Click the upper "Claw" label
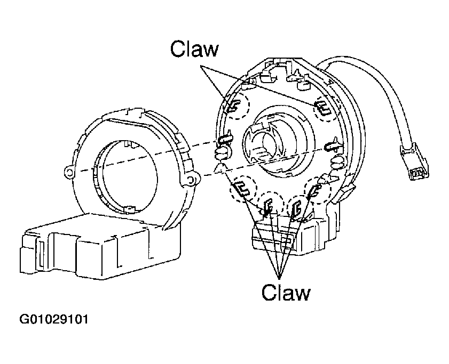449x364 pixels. [x=194, y=49]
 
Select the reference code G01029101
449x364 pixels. [x=54, y=320]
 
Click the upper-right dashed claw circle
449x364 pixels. [x=322, y=109]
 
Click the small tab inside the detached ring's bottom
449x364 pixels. [x=130, y=208]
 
